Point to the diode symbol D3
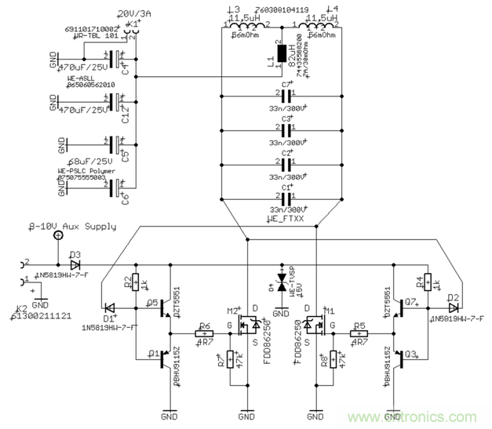coord(75,263)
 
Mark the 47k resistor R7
coord(229,360)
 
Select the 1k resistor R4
coord(428,282)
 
